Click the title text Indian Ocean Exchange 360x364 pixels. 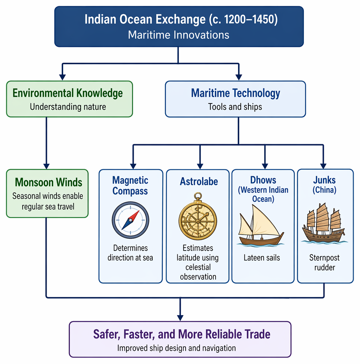tap(145, 19)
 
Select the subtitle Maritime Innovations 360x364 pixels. tap(179, 35)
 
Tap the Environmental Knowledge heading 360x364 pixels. tap(68, 93)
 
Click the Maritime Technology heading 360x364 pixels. tap(235, 93)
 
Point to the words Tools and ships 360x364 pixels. tap(235, 107)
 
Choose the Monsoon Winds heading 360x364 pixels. tap(48, 182)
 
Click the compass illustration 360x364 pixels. tap(130, 220)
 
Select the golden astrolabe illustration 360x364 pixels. tap(198, 216)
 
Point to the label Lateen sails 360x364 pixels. tap(262, 258)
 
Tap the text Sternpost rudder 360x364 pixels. tap(325, 262)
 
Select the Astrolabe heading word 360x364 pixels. tap(199, 181)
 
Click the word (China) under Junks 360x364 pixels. tap(325, 190)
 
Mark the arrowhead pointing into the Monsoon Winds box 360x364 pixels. tap(47, 166)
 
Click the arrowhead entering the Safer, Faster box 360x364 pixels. tap(180, 318)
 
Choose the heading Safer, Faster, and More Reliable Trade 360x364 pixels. tap(181, 334)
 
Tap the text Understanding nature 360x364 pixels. tap(68, 107)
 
